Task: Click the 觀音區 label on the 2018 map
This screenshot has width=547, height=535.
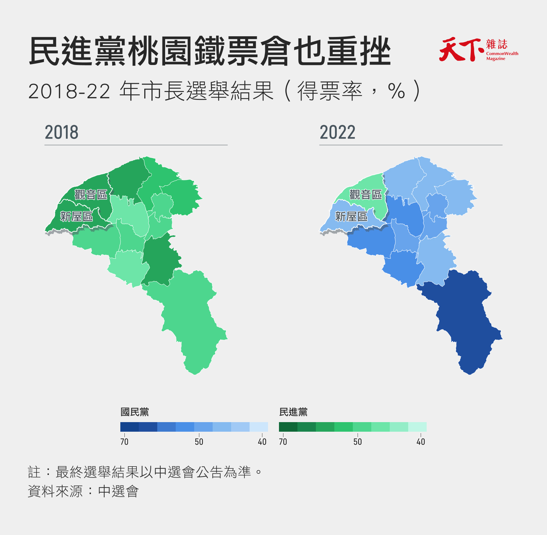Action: click(91, 195)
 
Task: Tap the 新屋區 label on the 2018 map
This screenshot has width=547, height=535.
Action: click(77, 217)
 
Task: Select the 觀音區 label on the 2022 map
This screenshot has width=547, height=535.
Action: click(365, 195)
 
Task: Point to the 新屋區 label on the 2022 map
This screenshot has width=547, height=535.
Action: click(351, 217)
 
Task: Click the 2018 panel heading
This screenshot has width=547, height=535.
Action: click(62, 132)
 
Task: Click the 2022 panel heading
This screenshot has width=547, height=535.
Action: click(337, 132)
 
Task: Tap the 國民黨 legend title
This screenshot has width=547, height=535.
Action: click(135, 412)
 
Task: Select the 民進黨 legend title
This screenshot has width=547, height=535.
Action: click(293, 412)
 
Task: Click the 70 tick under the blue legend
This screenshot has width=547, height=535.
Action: click(124, 442)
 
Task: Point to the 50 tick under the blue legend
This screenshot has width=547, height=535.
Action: click(199, 442)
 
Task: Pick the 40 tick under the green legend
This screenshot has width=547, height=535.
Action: click(421, 442)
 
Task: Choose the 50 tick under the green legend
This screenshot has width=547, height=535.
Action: click(358, 442)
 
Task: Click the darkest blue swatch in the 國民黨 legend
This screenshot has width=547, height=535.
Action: click(130, 427)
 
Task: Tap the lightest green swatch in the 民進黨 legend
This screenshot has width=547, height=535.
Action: click(417, 427)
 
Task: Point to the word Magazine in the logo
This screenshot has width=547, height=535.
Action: click(496, 59)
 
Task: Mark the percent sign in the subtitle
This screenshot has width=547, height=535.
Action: click(396, 91)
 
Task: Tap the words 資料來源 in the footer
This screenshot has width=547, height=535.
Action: click(55, 491)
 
